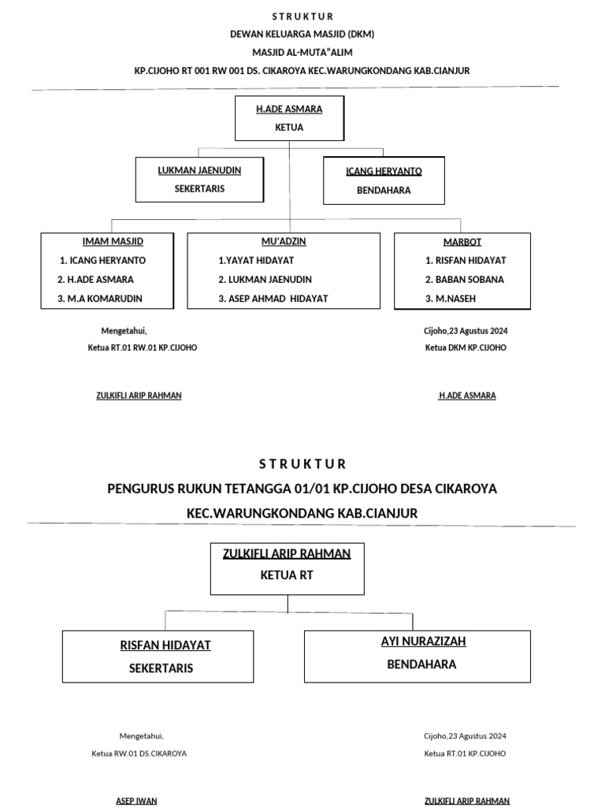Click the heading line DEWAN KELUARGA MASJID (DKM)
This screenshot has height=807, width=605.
coord(302,35)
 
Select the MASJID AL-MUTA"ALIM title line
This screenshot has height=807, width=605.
coord(302,52)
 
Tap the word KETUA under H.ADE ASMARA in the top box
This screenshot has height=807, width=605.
coord(289,127)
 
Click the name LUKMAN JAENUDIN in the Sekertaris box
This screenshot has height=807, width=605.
coord(199,170)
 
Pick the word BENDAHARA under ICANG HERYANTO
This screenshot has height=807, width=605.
coord(384,190)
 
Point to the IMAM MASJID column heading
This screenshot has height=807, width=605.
coord(113,241)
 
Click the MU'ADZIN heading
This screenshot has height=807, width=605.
coord(284,241)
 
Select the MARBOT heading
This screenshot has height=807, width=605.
coord(462,242)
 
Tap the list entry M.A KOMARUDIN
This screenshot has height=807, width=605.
coord(106,299)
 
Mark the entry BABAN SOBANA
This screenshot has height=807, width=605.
coord(465,280)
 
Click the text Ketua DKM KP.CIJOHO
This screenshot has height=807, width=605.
coord(466,348)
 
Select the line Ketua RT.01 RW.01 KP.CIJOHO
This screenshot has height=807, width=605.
coord(143,348)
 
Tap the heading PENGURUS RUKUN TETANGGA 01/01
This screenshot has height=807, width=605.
coord(302,489)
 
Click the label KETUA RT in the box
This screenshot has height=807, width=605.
coord(287,575)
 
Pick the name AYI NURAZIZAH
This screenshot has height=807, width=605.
coord(423,642)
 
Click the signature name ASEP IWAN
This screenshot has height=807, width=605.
coord(136,801)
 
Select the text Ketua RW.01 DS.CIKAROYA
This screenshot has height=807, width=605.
coord(139,753)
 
